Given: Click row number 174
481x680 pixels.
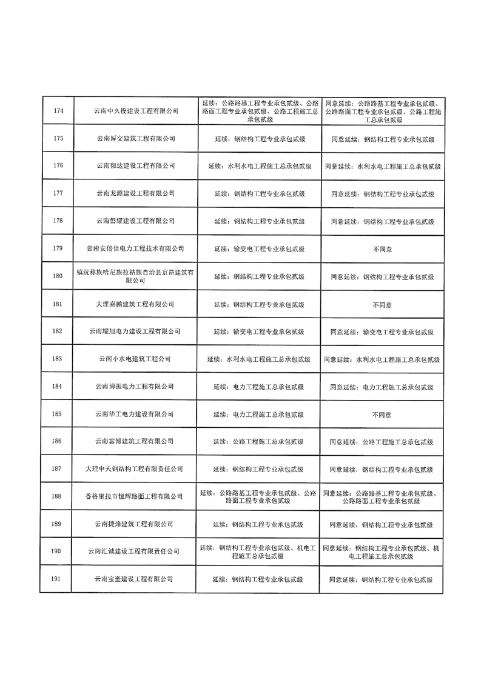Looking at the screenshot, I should [x=58, y=111].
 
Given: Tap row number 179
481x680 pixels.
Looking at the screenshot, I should [x=58, y=248].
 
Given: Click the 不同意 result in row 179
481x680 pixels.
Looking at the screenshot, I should [x=382, y=249].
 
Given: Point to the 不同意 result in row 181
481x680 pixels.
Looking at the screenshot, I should [x=382, y=304].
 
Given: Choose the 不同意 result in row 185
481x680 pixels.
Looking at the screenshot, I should [x=382, y=415].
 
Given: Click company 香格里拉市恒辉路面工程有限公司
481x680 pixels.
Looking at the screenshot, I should [x=134, y=496].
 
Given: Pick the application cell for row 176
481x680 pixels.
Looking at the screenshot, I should [x=259, y=166].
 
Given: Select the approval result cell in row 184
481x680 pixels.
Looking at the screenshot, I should [x=382, y=387].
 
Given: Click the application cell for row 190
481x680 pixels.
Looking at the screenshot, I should [x=259, y=552].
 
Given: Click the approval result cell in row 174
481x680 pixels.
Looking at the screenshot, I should [x=382, y=111].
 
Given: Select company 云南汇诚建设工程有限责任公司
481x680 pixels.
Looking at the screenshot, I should [x=134, y=552].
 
